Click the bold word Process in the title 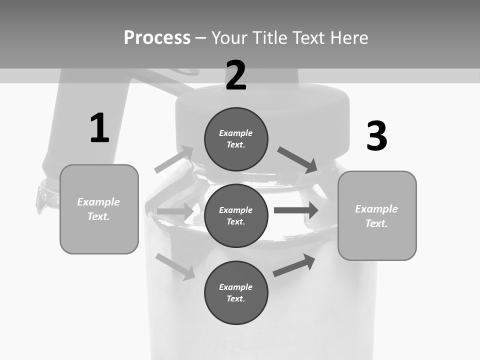157,38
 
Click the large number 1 99,128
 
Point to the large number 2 236,75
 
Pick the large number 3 376,136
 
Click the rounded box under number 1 99,209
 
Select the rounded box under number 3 377,215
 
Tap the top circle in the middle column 236,139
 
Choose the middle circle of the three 236,215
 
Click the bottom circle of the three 236,292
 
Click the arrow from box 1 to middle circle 175,211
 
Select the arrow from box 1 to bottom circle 175,266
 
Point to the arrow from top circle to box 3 298,160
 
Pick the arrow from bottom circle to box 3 294,265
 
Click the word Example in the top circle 235,133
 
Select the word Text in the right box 376,223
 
